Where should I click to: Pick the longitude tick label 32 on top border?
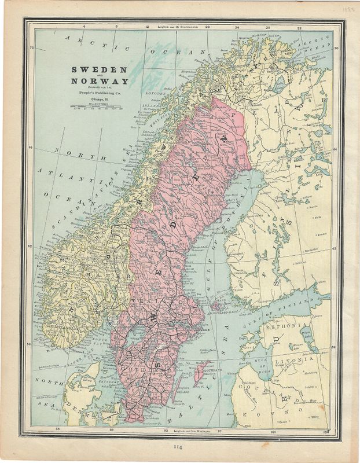[299, 27]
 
